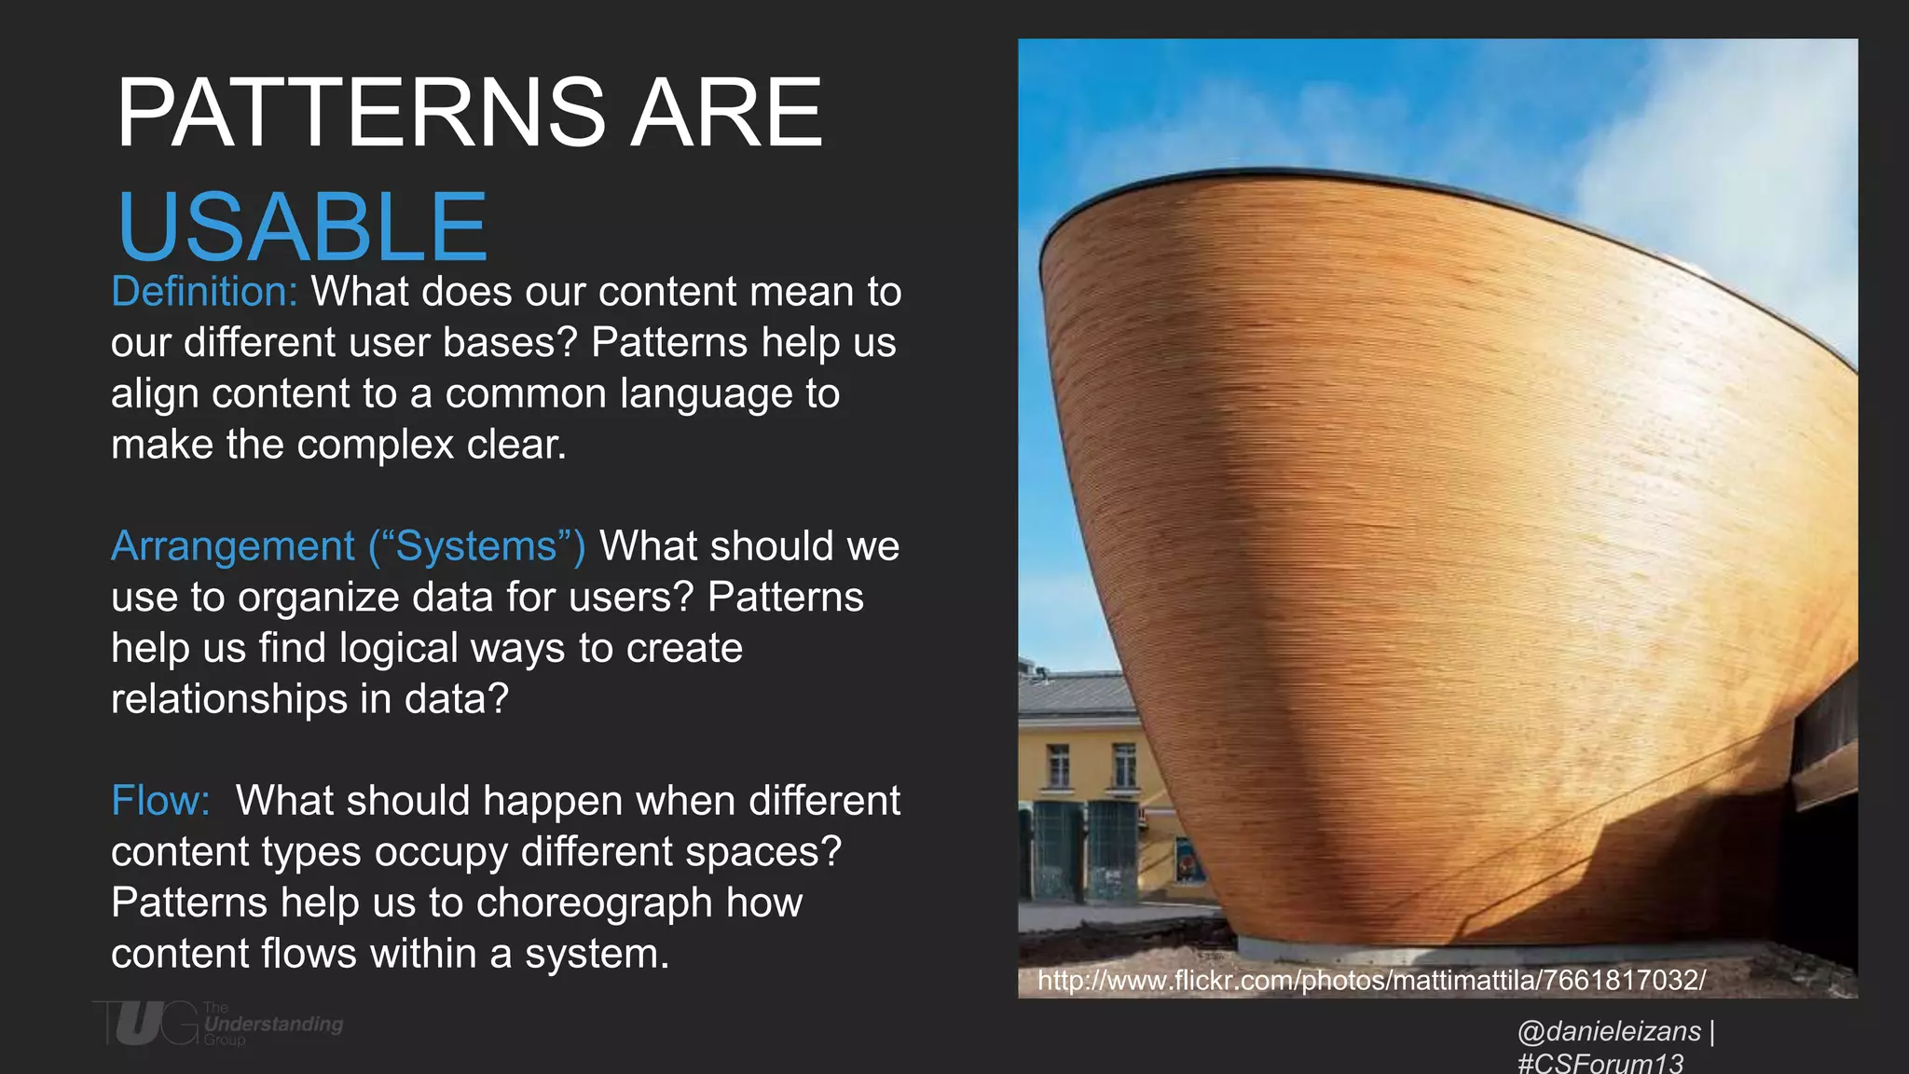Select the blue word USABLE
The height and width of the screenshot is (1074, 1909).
[x=302, y=227]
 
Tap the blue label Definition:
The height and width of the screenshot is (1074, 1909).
[x=204, y=292]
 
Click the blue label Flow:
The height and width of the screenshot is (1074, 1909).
[x=160, y=801]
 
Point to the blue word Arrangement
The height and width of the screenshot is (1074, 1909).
[x=233, y=546]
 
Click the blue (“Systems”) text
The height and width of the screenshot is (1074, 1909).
[x=477, y=546]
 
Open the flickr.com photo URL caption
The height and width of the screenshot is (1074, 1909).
[x=1371, y=980]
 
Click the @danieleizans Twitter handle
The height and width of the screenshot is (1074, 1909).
[x=1609, y=1031]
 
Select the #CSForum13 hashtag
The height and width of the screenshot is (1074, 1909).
[x=1600, y=1063]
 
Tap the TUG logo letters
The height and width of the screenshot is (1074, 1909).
[x=144, y=1024]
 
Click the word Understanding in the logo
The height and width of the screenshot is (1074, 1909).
[x=273, y=1024]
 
